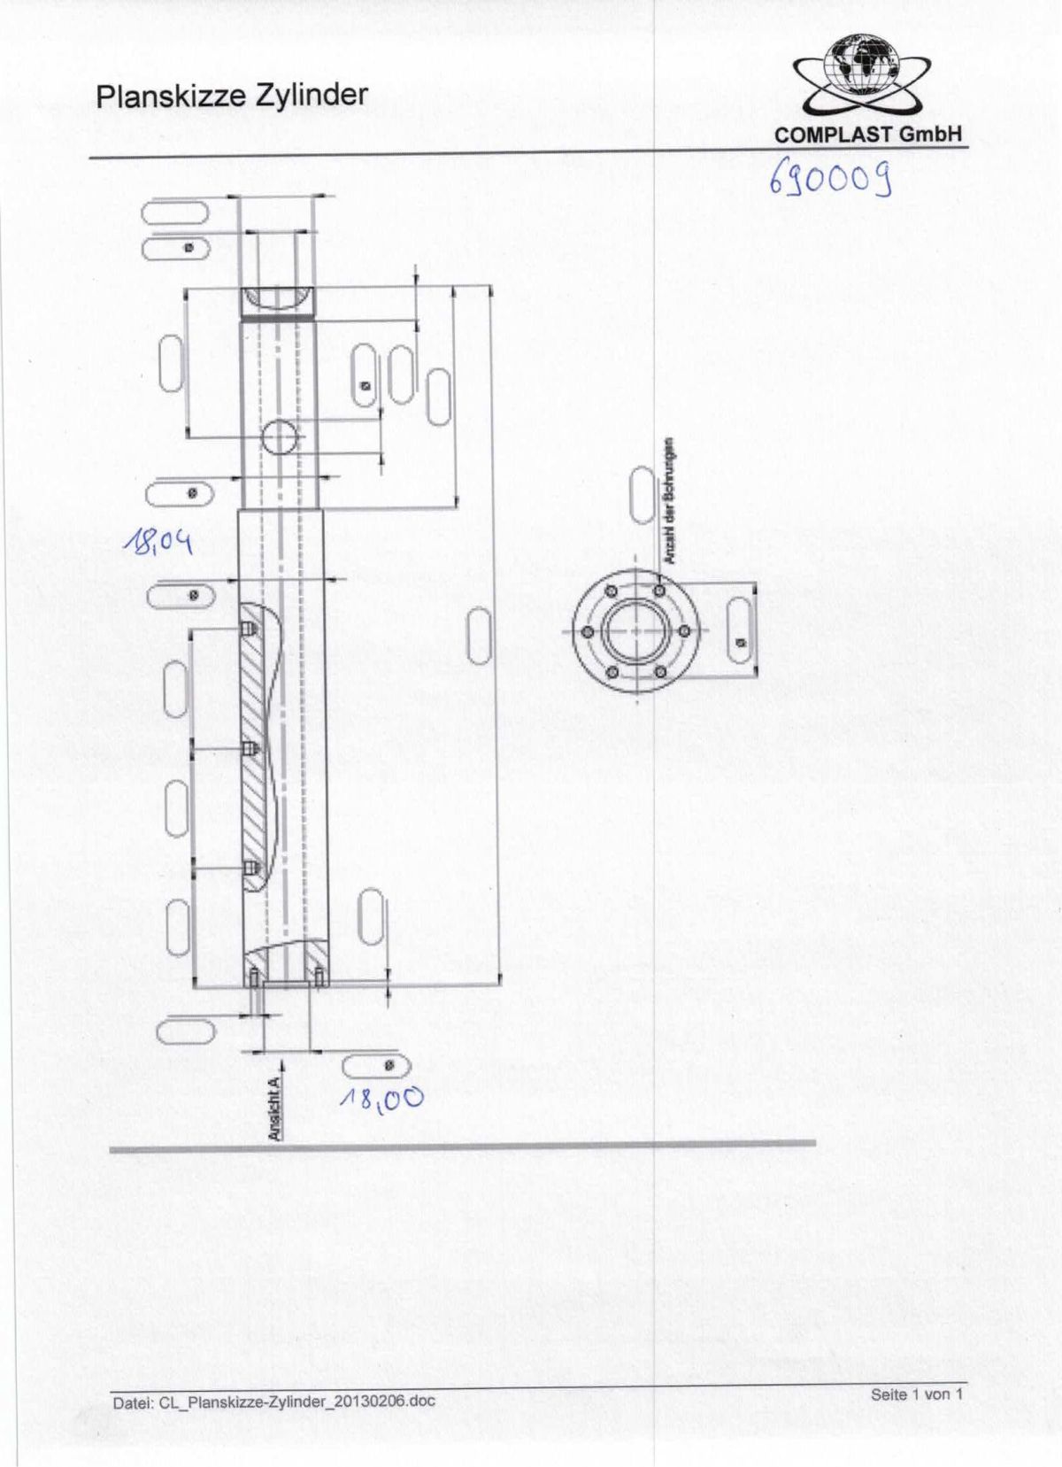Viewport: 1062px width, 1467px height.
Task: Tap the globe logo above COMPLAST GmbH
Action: (858, 66)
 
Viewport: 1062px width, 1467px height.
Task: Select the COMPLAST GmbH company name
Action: (867, 135)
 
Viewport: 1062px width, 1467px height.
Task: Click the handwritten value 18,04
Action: (158, 540)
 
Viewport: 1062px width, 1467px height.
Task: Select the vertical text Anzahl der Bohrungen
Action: (670, 501)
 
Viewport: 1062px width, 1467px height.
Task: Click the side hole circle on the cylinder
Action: (281, 436)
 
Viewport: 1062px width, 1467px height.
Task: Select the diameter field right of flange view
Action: (739, 630)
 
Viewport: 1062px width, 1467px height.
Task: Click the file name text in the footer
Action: (273, 1401)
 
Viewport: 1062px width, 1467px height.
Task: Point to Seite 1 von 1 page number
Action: (916, 1394)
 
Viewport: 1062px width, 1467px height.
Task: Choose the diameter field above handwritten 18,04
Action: (178, 493)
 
